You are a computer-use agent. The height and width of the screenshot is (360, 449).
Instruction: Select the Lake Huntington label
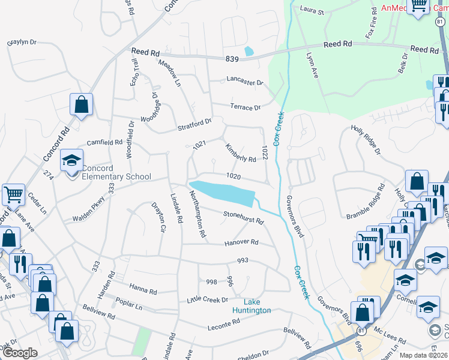point(252,306)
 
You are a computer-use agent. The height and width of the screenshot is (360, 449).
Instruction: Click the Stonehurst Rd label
point(243,217)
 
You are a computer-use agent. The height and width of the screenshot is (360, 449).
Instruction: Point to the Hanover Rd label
point(241,242)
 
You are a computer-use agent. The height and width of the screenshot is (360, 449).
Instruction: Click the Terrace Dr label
point(245,107)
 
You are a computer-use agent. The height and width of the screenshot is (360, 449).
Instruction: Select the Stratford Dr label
point(194,124)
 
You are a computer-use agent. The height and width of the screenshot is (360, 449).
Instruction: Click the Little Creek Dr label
point(208,299)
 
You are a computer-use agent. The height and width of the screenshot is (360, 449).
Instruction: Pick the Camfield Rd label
point(104,143)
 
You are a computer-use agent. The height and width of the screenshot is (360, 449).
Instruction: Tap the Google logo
point(20,353)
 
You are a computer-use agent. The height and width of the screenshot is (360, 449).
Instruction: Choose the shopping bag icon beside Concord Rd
point(82,104)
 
